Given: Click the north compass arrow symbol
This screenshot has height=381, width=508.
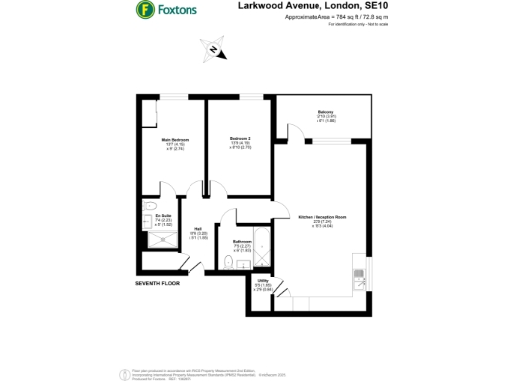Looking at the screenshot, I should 212,48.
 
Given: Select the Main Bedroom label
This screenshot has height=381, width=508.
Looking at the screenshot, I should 175,140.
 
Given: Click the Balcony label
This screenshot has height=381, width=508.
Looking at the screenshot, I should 325,112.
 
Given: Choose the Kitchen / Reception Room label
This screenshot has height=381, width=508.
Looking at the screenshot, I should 321,216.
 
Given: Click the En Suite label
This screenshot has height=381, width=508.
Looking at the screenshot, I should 150,215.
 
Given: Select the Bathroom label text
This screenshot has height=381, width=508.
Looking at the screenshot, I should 242,241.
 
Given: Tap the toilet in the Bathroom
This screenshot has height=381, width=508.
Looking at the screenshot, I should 230,263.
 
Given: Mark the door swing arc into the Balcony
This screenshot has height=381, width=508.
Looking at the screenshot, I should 293,130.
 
